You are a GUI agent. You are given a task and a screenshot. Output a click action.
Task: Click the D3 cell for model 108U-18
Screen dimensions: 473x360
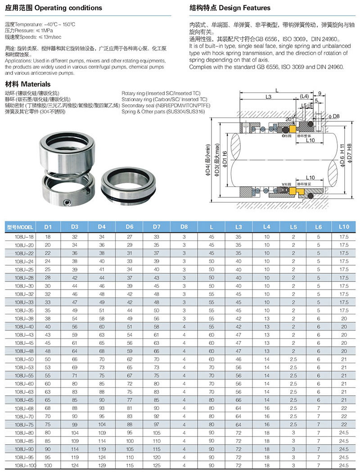75,236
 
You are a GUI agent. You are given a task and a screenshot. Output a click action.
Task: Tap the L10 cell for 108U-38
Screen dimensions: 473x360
344,318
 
